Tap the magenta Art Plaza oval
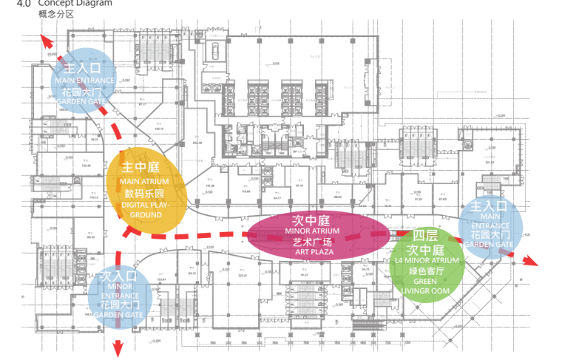click(316, 234)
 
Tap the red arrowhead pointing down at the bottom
click(118, 347)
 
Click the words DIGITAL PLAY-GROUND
click(146, 208)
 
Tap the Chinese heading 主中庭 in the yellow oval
click(141, 168)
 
